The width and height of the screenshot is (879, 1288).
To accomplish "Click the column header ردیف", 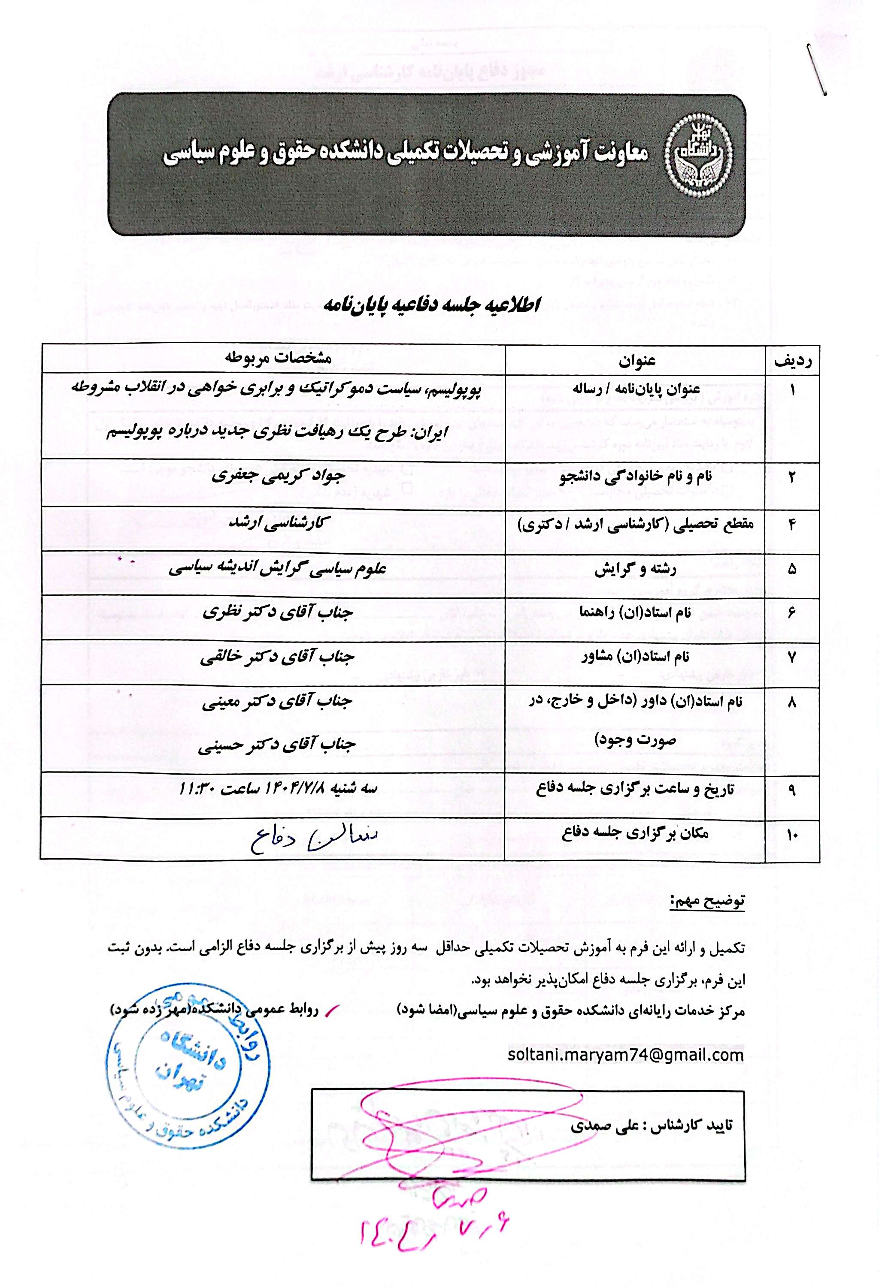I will tap(792, 361).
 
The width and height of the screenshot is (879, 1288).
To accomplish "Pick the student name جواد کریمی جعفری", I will tap(279, 476).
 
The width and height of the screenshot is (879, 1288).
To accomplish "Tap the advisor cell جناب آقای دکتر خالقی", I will tap(277, 657).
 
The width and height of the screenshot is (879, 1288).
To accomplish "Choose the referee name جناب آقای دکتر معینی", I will tap(277, 702).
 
